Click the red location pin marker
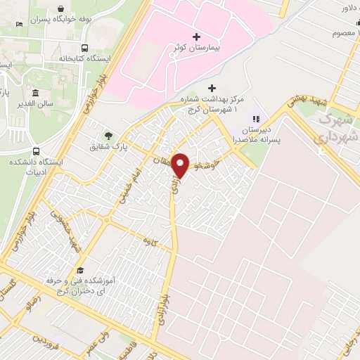coord(181,165)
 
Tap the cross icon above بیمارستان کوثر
coord(196,36)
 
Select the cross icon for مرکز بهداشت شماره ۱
coord(212,89)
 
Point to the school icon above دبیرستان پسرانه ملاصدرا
coord(256,119)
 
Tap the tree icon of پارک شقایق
coord(108,136)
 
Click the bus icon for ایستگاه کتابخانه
coord(84,49)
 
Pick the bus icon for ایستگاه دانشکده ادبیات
coord(36,151)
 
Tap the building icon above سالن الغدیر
coord(35,92)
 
